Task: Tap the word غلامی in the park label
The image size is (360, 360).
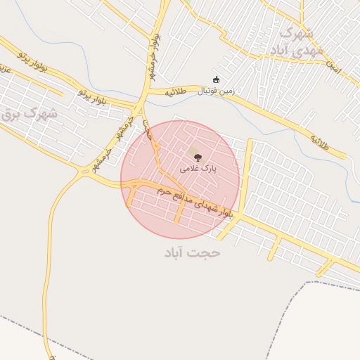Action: [189, 169]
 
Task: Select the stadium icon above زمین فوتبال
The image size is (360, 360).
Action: [215, 79]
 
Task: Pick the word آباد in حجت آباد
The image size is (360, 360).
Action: [176, 252]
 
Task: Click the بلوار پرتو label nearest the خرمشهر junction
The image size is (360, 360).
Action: [93, 95]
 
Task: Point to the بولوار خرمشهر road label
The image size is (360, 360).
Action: [152, 56]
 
